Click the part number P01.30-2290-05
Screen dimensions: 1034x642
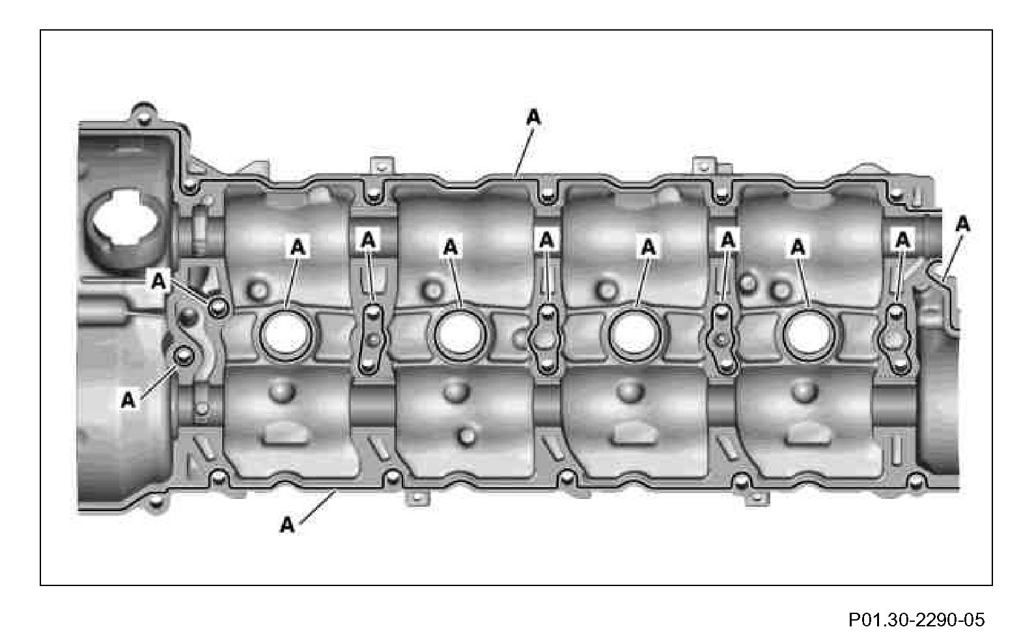(916, 619)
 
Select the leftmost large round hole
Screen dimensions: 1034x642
(286, 335)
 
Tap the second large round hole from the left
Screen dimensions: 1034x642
(460, 335)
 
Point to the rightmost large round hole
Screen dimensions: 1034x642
(808, 335)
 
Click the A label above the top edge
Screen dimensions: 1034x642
(534, 118)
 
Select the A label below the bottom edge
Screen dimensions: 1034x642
(287, 525)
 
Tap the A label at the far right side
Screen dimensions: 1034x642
(963, 225)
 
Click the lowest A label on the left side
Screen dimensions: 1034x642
(128, 400)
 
